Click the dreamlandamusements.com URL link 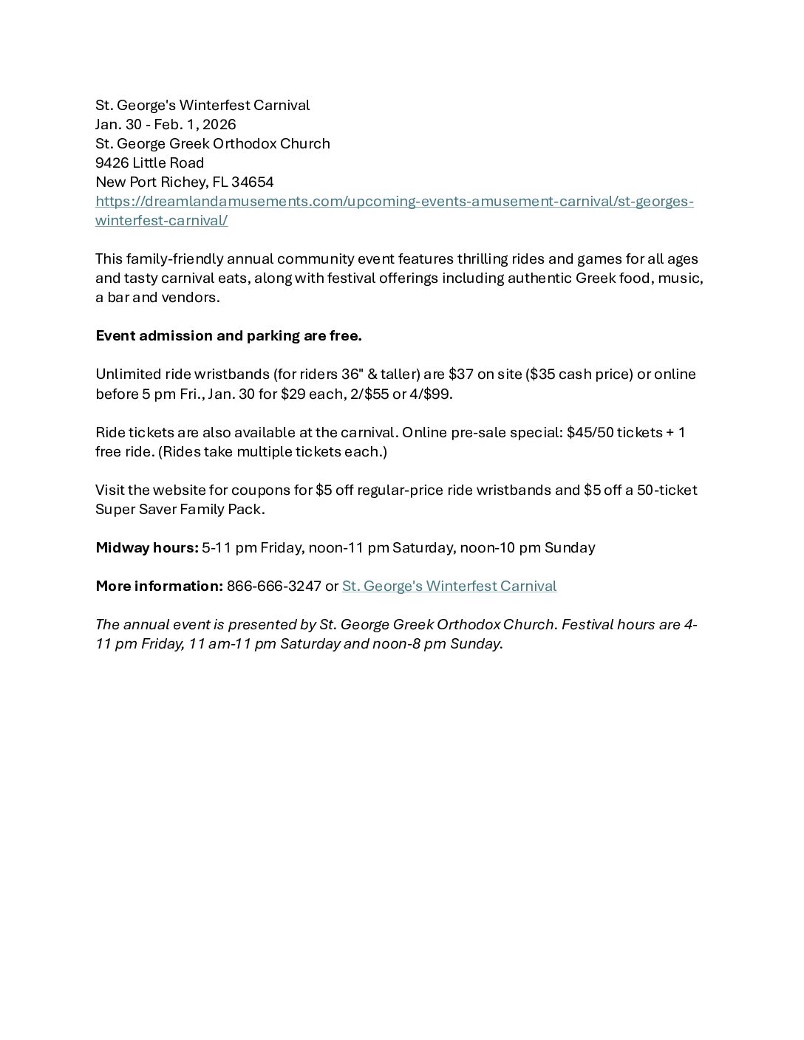pos(394,202)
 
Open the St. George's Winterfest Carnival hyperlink pos(449,586)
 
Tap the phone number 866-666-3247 pos(273,586)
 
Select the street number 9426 pos(112,163)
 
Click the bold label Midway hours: pos(146,548)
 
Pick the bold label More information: pos(159,586)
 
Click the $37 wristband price pos(460,374)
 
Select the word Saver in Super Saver pos(158,510)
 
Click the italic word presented pos(225,625)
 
